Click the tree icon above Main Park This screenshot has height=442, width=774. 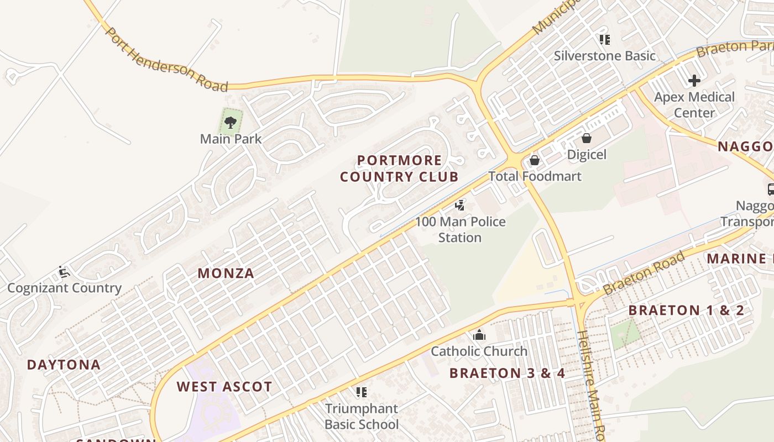[x=231, y=122]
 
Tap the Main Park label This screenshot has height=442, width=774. [x=231, y=139]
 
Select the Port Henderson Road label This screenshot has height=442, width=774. [x=166, y=60]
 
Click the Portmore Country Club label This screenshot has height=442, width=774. [x=399, y=169]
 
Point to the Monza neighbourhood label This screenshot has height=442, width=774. [x=226, y=273]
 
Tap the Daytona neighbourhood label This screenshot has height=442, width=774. [x=64, y=365]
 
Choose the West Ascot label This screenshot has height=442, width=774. [x=224, y=387]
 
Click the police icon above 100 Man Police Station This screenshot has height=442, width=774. [x=459, y=206]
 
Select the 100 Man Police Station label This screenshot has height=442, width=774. [x=460, y=229]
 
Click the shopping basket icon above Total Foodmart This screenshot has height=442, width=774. [x=535, y=160]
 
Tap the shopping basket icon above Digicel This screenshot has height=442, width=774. [x=587, y=138]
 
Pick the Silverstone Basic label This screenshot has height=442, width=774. [x=605, y=56]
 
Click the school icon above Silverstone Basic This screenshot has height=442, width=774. [x=605, y=40]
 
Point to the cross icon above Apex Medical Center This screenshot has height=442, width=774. [x=694, y=81]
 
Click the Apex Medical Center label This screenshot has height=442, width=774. [x=694, y=105]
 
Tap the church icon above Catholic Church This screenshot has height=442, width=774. [x=479, y=335]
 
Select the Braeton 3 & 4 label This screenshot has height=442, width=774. [x=507, y=373]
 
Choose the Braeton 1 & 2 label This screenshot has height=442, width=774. [x=686, y=310]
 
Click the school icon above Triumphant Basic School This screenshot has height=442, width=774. [x=362, y=392]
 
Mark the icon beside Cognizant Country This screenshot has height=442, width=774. [x=64, y=272]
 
